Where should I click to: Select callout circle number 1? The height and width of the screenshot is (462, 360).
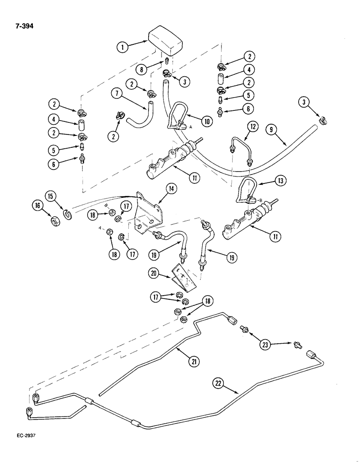[122, 46]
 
